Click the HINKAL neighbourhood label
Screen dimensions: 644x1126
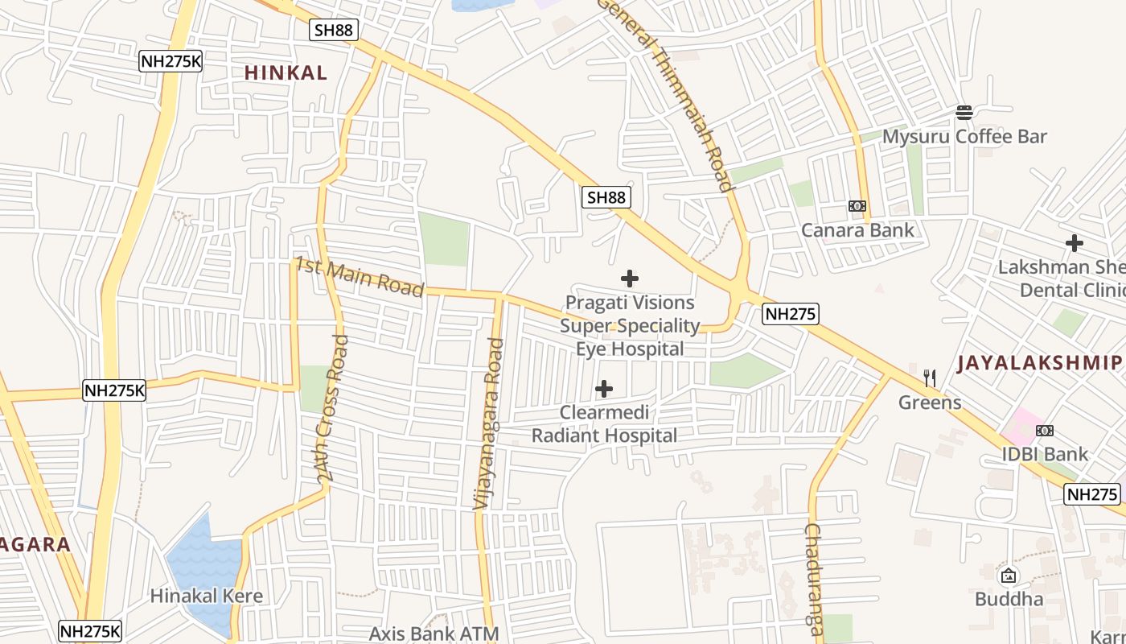[x=286, y=72]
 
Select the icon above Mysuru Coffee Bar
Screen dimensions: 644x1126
[x=964, y=112]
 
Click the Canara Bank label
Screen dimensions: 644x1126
[x=857, y=230]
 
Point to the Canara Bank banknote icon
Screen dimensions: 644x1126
[x=857, y=206]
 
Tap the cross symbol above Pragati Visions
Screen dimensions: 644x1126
[x=630, y=279]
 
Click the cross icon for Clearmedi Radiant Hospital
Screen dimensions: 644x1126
[x=604, y=389]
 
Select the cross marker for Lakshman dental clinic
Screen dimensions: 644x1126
[x=1074, y=242]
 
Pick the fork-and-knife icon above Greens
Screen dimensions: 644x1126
[x=930, y=377]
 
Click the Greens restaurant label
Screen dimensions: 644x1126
[x=930, y=402]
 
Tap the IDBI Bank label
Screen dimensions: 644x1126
[x=1045, y=454]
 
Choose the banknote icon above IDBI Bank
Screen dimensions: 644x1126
[x=1045, y=430]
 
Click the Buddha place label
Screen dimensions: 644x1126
[x=1009, y=599]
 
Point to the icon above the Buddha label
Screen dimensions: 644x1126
[x=1009, y=576]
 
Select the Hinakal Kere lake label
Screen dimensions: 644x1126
[x=207, y=597]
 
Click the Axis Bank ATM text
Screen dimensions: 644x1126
[x=434, y=634]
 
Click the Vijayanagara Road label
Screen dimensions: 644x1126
[x=488, y=423]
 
